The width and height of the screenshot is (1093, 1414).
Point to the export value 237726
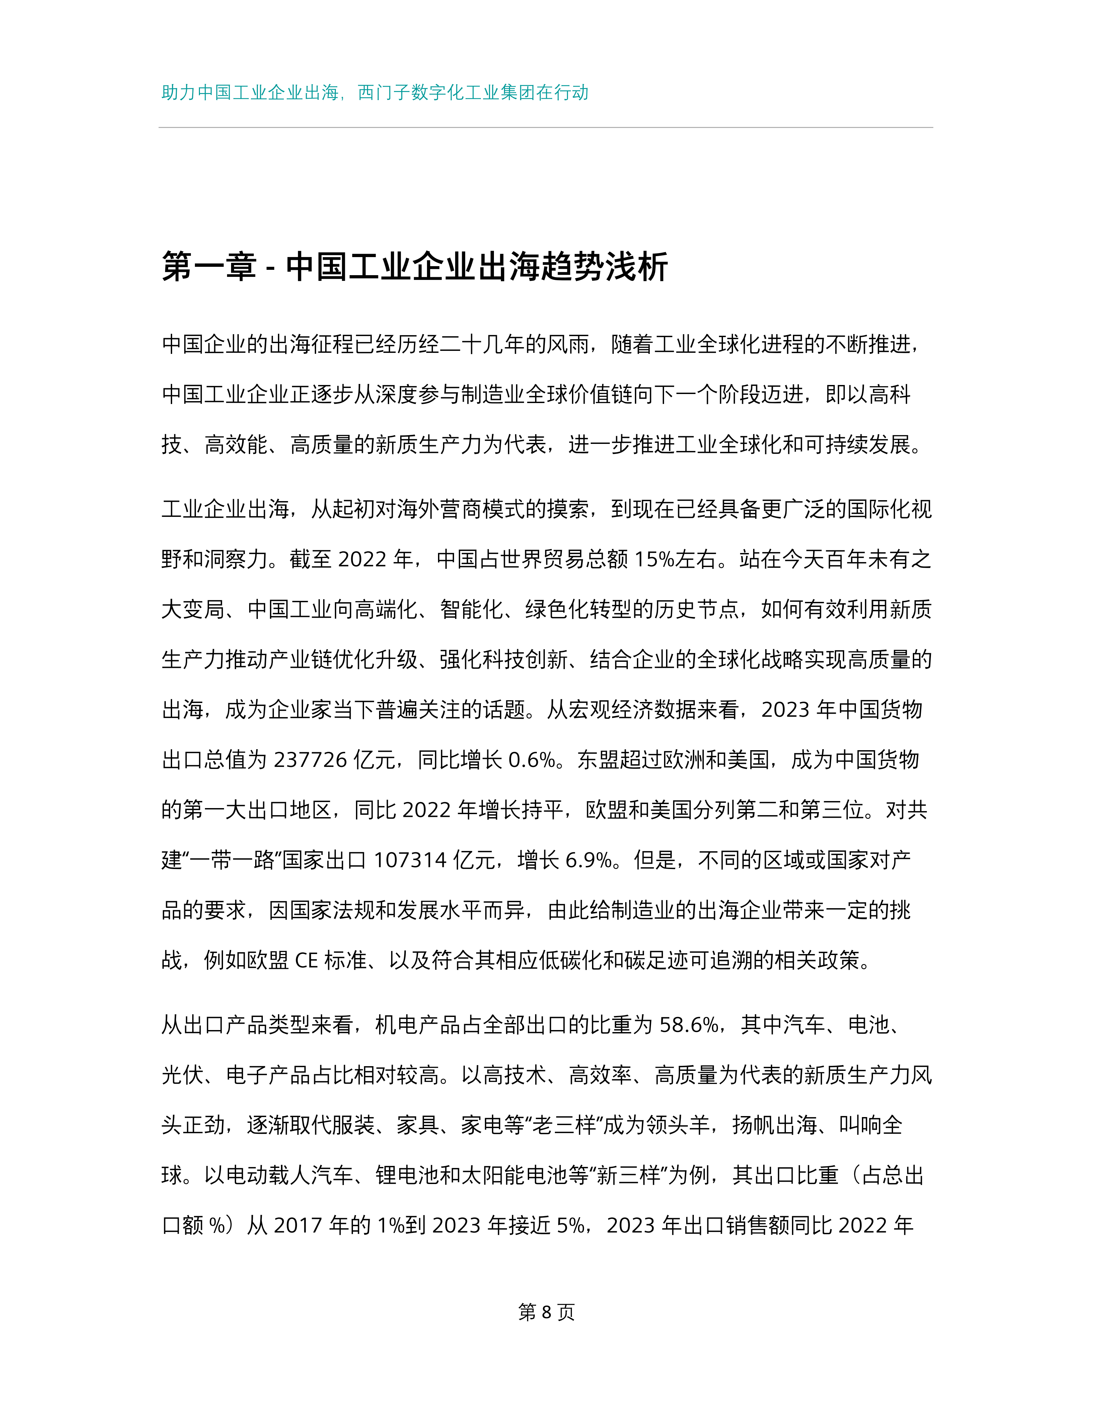click(x=311, y=760)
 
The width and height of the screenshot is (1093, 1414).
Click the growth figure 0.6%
click(x=532, y=760)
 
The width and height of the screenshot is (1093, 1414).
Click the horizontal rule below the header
click(x=546, y=128)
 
